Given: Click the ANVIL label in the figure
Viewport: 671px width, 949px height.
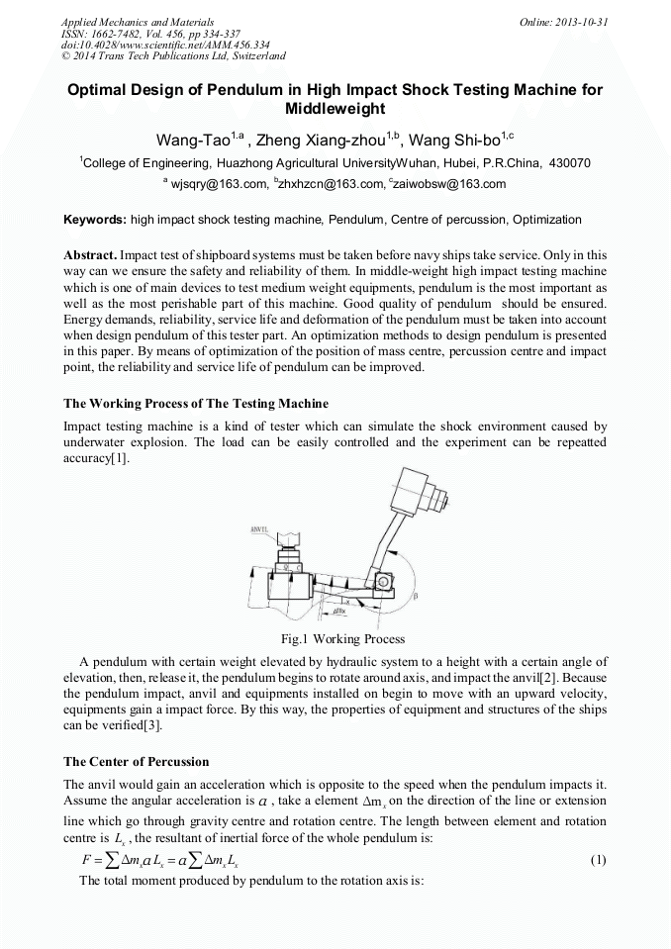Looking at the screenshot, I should point(258,529).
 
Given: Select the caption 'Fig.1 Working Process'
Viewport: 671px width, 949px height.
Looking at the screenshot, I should point(335,639).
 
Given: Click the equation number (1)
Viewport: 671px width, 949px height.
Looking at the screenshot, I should point(598,860).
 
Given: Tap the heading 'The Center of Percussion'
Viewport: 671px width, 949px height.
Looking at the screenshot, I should point(136,762).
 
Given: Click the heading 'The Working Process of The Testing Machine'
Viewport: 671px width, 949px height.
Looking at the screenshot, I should point(196,404).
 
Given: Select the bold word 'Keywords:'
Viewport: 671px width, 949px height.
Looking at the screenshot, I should point(95,220).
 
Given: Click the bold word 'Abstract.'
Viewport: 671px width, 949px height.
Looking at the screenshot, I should point(93,254).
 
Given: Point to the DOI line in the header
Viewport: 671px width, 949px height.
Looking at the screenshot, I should point(138,46).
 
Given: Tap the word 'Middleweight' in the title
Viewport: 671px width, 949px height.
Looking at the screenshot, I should point(335,108).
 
